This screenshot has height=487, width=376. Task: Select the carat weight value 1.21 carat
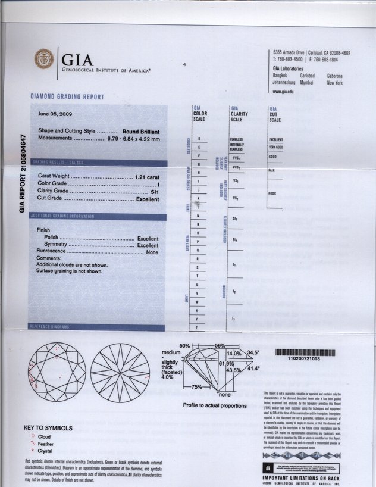click(x=147, y=177)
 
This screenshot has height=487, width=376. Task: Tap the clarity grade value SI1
click(x=153, y=192)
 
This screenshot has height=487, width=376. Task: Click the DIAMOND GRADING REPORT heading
click(x=67, y=97)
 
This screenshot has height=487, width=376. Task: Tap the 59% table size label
click(x=221, y=345)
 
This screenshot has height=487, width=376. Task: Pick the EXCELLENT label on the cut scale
click(x=276, y=140)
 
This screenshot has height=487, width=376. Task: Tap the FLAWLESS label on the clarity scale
click(x=236, y=139)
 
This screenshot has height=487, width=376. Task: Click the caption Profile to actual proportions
click(x=215, y=405)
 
